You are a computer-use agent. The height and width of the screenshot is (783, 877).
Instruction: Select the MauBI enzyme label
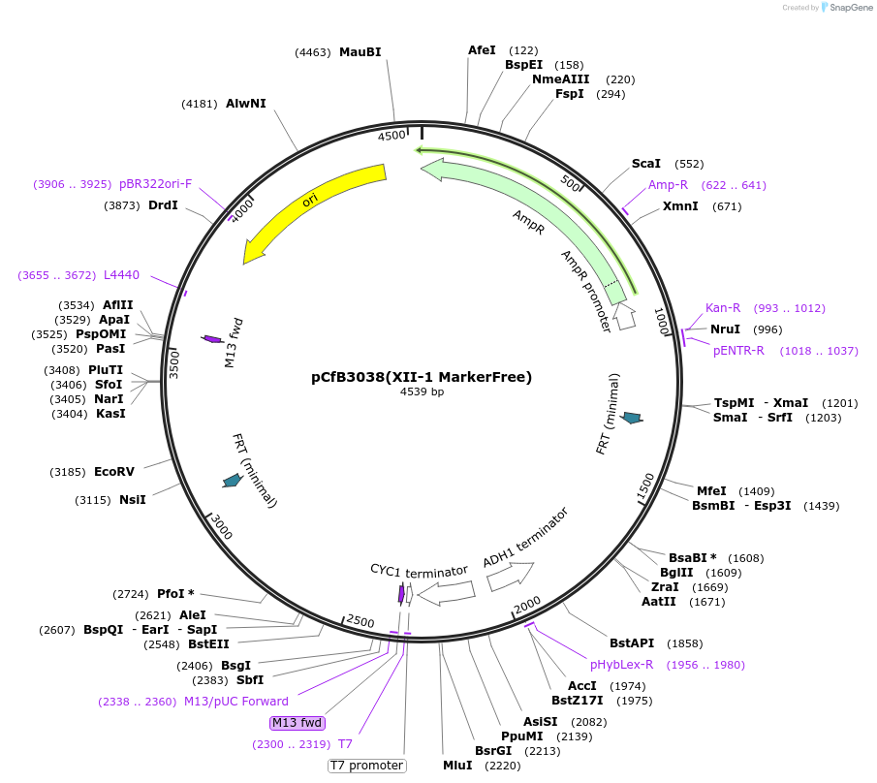tap(360, 52)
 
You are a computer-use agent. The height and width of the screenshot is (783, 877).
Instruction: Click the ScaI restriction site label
tap(645, 164)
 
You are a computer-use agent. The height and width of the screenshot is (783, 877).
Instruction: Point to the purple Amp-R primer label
tap(668, 185)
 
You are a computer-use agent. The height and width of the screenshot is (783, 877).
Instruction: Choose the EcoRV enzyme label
tap(114, 472)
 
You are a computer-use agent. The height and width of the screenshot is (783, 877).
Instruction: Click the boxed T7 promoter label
tap(366, 766)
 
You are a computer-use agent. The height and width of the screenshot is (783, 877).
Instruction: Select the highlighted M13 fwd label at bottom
tap(297, 723)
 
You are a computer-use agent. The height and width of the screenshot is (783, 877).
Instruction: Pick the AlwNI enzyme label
tap(245, 103)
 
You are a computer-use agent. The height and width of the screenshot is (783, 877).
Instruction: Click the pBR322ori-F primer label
tap(156, 184)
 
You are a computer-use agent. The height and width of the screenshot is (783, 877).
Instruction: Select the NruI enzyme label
tap(725, 329)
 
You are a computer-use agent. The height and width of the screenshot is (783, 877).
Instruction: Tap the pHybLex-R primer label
tap(621, 665)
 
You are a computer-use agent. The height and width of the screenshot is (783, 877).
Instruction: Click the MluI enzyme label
tap(457, 765)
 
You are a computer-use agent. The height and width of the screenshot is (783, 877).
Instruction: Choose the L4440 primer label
tap(121, 275)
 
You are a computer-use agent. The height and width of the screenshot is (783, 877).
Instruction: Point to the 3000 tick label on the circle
tap(222, 527)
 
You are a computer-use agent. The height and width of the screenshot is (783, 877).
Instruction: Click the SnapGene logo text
tap(850, 8)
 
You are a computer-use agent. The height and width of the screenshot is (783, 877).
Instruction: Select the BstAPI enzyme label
tap(632, 643)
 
